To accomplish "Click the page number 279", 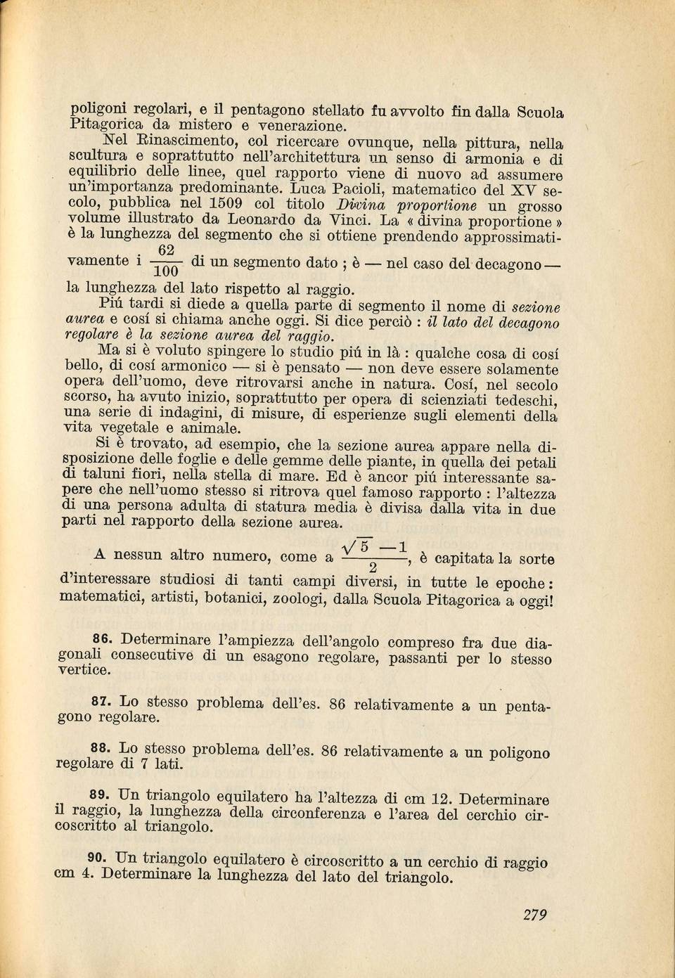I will pos(535,915).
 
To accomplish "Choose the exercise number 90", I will pos(96,858).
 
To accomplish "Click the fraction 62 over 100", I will pos(167,262).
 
